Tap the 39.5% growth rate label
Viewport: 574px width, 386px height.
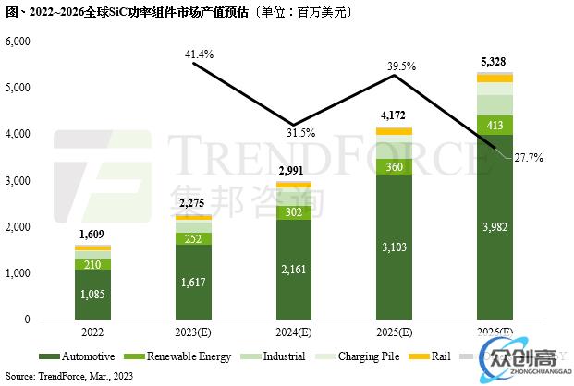pyautogui.click(x=400, y=66)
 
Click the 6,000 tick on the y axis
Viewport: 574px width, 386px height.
pyautogui.click(x=19, y=42)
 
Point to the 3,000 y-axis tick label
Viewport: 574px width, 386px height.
pyautogui.click(x=19, y=181)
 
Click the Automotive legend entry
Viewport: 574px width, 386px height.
pyautogui.click(x=79, y=356)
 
